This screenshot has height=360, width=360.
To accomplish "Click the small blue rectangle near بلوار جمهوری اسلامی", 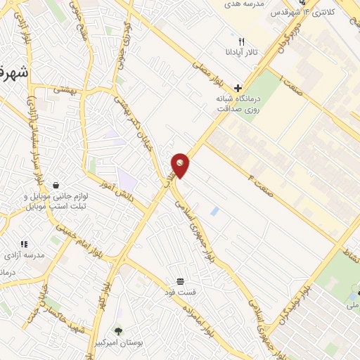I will click(214, 211).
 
